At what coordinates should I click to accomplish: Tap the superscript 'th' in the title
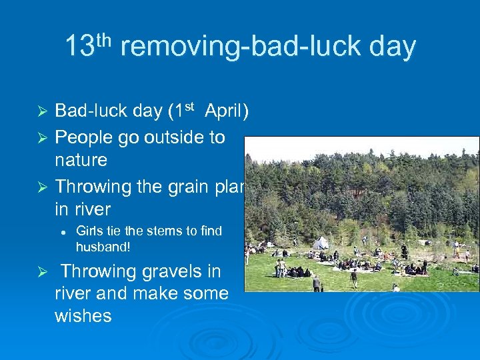click(x=105, y=39)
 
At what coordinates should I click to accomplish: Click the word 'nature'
click(x=81, y=160)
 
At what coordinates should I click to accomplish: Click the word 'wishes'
click(x=83, y=315)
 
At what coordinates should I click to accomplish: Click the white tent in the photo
click(x=321, y=243)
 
